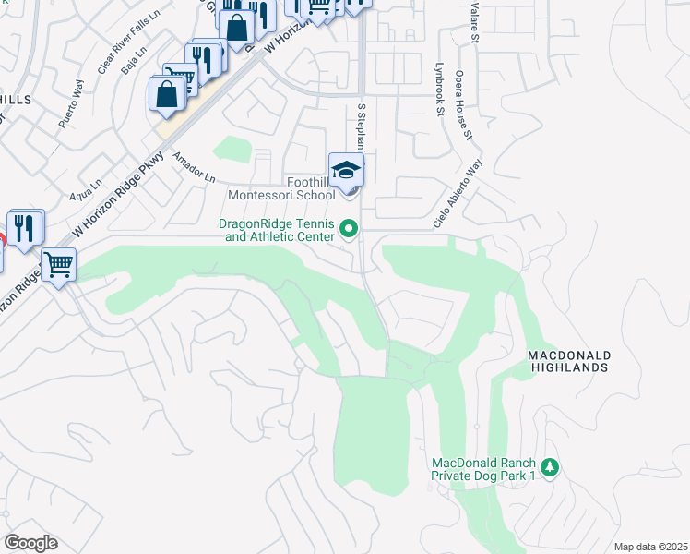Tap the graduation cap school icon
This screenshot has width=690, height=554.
(346, 171)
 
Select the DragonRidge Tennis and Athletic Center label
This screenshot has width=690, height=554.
(276, 230)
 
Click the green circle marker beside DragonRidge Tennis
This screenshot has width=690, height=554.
(349, 227)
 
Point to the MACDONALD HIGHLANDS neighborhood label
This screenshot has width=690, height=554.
(568, 361)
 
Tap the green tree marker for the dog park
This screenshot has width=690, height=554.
(550, 467)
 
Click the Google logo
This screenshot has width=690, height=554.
(30, 543)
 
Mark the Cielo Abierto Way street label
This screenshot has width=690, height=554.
(458, 195)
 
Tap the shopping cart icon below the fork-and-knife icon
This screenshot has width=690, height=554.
(58, 265)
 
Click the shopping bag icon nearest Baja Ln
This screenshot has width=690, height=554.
(166, 95)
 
